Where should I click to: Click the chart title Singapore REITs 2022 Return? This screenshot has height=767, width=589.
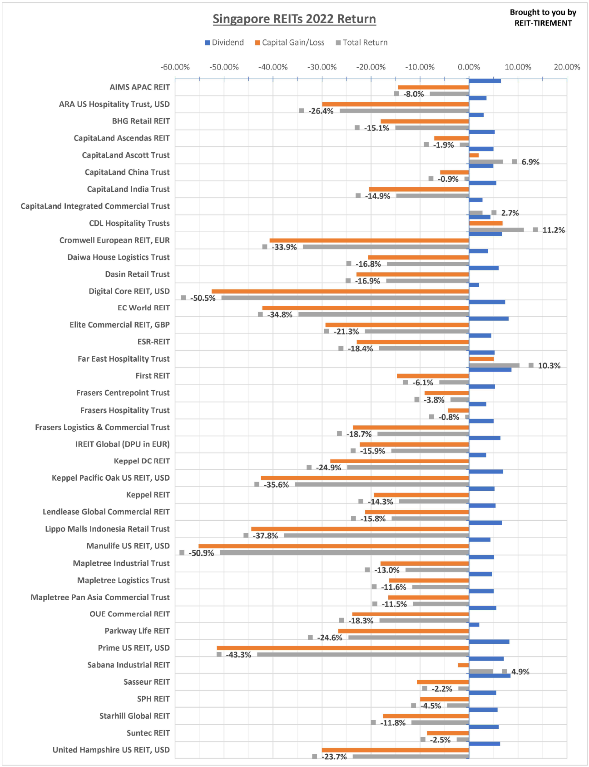(x=294, y=19)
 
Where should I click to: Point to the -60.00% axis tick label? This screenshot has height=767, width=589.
(x=175, y=67)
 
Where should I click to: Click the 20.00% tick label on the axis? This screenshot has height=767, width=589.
(x=567, y=67)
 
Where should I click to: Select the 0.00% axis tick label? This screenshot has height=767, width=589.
(x=469, y=67)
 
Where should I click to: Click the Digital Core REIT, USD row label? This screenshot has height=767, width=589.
(x=129, y=291)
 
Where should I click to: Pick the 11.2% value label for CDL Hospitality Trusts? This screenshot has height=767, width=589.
(x=554, y=230)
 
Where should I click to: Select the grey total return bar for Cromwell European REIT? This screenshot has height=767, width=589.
(x=386, y=247)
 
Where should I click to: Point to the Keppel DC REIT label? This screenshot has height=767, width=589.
(x=142, y=461)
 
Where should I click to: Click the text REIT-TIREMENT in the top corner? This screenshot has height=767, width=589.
(x=543, y=23)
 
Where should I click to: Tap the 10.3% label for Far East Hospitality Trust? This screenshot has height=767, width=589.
(x=549, y=366)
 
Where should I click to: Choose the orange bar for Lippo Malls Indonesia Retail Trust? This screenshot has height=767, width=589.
(x=360, y=529)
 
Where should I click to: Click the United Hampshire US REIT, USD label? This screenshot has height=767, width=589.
(x=111, y=750)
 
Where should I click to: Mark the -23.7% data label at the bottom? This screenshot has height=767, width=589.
(x=334, y=757)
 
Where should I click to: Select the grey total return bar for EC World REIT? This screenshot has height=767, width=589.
(x=383, y=314)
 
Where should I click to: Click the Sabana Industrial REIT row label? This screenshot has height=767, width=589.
(x=129, y=665)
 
